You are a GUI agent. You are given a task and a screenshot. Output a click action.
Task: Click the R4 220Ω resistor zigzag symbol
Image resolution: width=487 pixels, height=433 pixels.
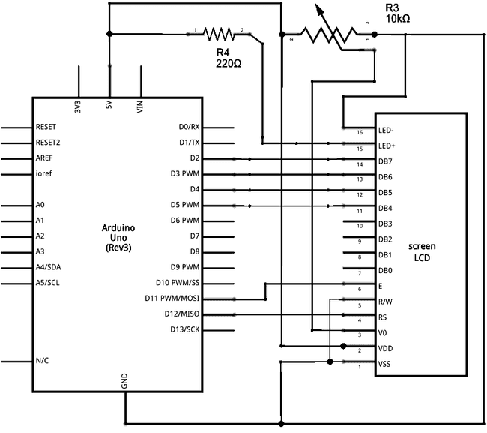(x=220, y=34)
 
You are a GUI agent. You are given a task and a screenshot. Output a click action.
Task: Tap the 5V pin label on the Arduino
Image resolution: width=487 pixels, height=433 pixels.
(x=109, y=107)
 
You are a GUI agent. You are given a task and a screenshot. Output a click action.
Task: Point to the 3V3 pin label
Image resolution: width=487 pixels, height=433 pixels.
(x=79, y=107)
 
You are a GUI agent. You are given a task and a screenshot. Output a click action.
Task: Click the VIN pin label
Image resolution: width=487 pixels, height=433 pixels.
(x=140, y=107)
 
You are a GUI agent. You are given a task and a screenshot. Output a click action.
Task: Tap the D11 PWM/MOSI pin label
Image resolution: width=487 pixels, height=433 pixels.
(x=172, y=299)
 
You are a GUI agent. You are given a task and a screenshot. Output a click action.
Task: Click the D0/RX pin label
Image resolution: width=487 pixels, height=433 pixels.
(x=189, y=128)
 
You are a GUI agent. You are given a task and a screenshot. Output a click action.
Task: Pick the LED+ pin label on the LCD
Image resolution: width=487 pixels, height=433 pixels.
(x=387, y=146)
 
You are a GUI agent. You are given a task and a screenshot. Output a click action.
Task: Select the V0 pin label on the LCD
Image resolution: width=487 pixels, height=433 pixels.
(x=383, y=333)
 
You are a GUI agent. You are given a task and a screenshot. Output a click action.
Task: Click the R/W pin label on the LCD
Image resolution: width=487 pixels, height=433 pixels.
(x=385, y=302)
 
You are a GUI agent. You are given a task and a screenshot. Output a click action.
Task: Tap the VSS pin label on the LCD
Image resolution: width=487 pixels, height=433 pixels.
(x=384, y=364)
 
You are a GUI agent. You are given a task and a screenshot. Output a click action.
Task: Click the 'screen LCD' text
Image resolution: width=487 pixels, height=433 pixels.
(x=422, y=252)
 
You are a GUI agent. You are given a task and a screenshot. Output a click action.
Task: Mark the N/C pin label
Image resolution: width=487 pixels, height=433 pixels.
(x=43, y=361)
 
